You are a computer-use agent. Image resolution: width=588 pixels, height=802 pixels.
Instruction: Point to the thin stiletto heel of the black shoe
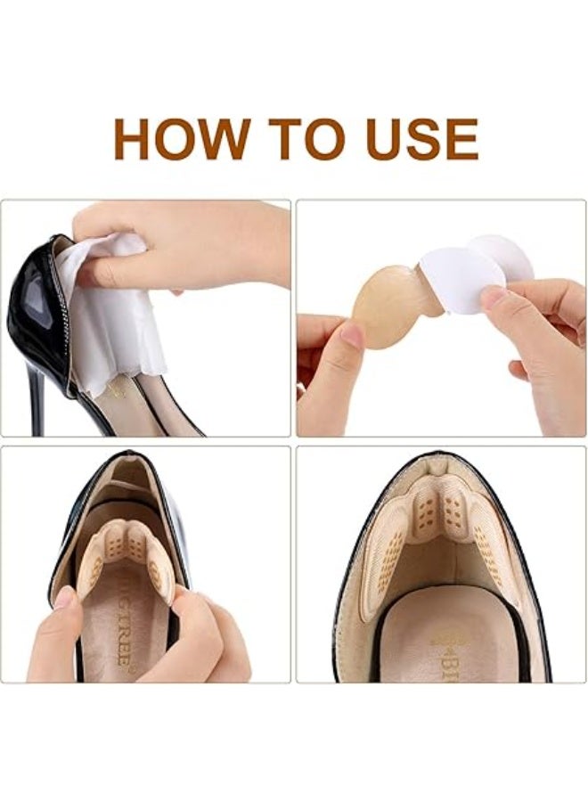click(37, 401)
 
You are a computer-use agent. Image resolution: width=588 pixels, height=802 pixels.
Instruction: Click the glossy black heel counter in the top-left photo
click(36, 312)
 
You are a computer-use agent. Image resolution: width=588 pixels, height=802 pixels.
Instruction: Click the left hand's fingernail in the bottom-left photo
click(64, 597)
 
